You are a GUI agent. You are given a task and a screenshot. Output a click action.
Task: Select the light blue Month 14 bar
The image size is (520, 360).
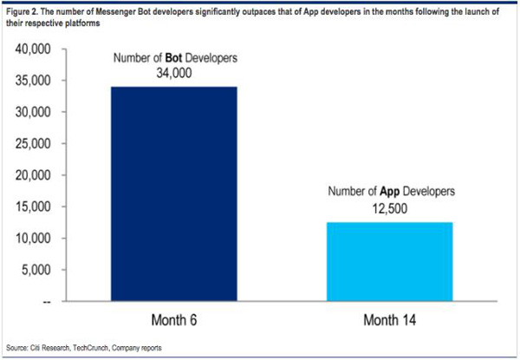coord(390,261)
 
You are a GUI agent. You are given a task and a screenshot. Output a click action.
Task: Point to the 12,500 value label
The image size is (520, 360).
coord(390,209)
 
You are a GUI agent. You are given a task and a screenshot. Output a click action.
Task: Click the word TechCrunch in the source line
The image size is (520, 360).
coord(88,348)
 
